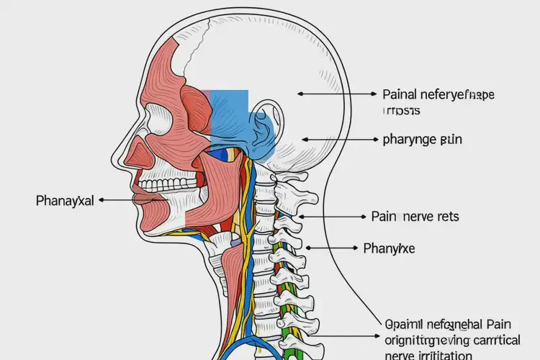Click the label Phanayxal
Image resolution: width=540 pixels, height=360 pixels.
tap(65, 200)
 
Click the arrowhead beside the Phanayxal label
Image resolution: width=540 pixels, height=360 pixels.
tap(102, 200)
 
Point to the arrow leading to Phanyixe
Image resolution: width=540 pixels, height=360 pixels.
tap(331, 248)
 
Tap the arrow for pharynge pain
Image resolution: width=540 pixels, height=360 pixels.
tap(338, 139)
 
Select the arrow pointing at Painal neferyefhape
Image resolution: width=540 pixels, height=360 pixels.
tap(336, 94)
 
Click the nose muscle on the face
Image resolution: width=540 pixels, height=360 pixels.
tap(137, 153)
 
